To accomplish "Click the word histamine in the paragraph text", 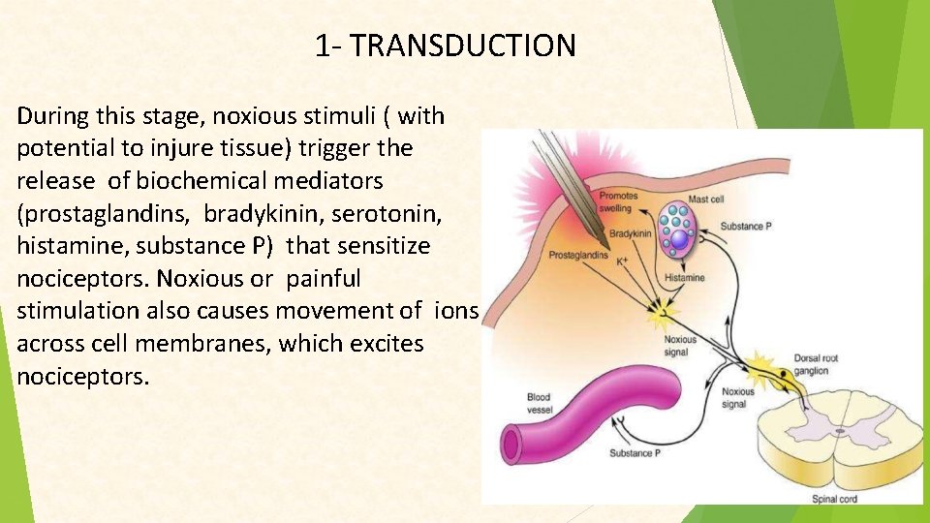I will [65, 246].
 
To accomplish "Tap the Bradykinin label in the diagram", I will [631, 234].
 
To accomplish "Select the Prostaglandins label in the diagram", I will [578, 256].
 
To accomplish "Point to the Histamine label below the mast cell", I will [685, 278].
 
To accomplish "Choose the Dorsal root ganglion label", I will [815, 363].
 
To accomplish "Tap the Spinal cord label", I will [834, 500].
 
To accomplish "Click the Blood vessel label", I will [538, 402].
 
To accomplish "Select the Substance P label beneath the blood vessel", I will [635, 452].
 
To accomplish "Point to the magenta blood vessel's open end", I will [514, 445].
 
